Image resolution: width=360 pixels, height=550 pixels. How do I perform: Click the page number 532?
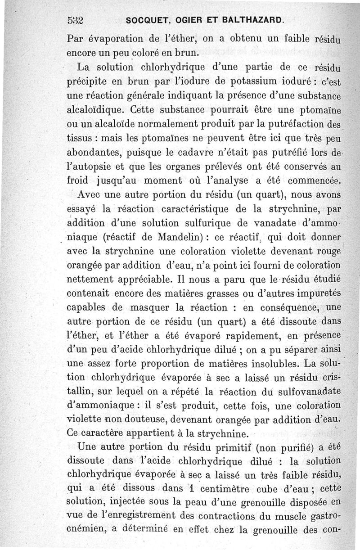pos(76,20)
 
